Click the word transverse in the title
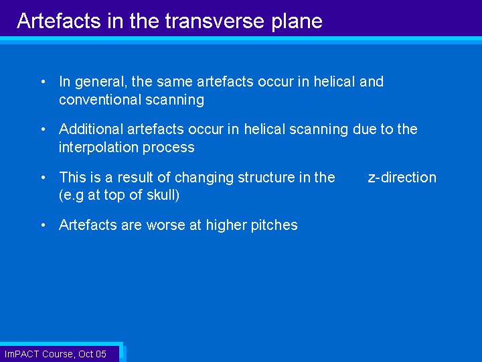tap(215, 21)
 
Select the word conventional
tap(100, 100)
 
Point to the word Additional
tap(91, 129)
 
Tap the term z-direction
tap(402, 178)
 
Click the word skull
tap(161, 195)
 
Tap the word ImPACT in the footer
tap(21, 354)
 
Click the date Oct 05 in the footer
tap(92, 354)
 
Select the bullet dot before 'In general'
tap(44, 82)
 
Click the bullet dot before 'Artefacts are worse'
tap(44, 225)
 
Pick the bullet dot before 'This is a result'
tap(44, 178)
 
